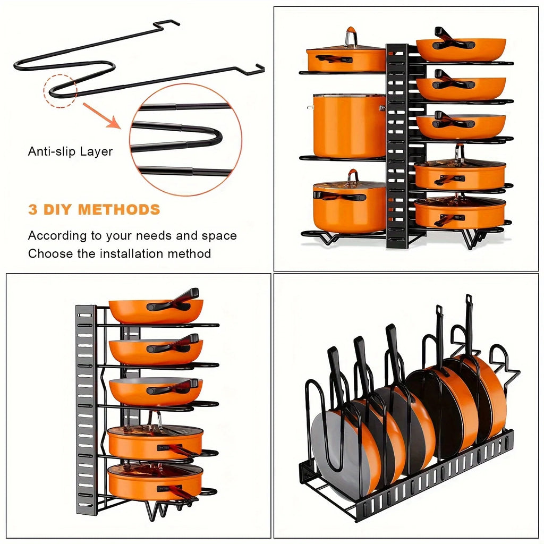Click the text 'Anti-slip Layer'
(x=70, y=151)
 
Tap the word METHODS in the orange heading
(x=119, y=209)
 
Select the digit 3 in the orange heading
(x=33, y=209)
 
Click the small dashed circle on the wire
(x=61, y=91)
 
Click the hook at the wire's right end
(x=259, y=67)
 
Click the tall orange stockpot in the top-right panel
(x=348, y=125)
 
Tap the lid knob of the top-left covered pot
(x=350, y=37)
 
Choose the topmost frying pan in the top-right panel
(x=460, y=48)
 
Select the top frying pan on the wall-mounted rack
(x=156, y=310)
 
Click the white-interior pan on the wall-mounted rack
(x=155, y=389)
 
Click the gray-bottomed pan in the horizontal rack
(x=340, y=452)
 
